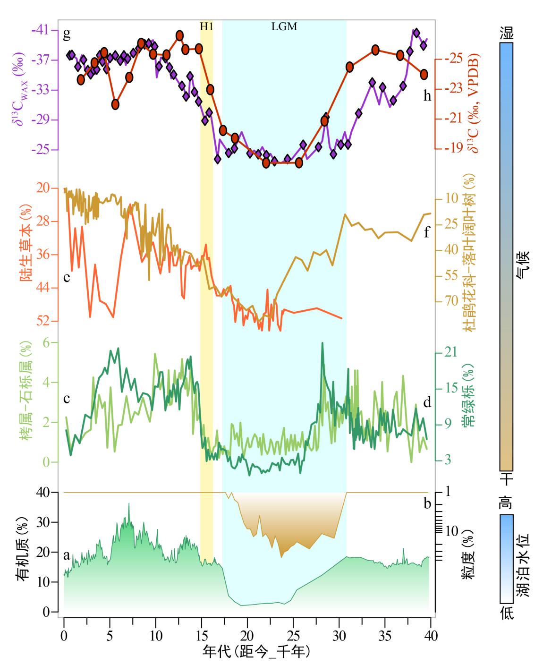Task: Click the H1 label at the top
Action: click(206, 26)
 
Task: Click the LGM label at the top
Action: click(284, 26)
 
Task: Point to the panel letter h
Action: click(427, 96)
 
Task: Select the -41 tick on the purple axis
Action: click(41, 30)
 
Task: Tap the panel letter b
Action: click(427, 503)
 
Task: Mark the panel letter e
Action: click(67, 277)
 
